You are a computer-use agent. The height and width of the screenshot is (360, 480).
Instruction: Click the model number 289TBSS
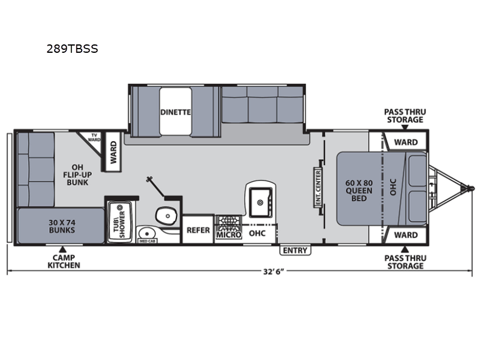[x=72, y=49]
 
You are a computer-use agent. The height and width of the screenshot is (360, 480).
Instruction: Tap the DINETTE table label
[x=175, y=112]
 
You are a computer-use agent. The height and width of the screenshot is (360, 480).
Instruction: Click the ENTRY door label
[x=294, y=250]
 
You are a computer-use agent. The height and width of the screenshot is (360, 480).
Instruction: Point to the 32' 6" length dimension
[x=272, y=271]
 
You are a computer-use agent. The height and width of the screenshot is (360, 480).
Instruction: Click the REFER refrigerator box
[x=198, y=230]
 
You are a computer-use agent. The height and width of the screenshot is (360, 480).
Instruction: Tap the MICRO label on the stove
[x=228, y=235]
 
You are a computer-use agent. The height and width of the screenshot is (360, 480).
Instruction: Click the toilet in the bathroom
[x=164, y=214]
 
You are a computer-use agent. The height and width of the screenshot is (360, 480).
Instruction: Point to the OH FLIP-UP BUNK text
[x=78, y=174]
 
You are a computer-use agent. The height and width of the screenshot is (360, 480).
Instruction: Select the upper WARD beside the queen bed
[x=406, y=142]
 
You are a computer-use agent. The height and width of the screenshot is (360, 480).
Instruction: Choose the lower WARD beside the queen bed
[x=406, y=235]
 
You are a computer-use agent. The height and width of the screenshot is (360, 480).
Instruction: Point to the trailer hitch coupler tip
[x=471, y=189]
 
